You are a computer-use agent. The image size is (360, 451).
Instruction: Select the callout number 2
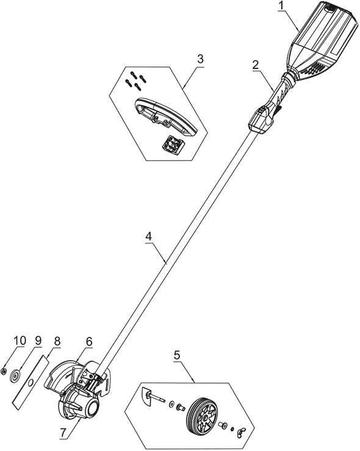256,65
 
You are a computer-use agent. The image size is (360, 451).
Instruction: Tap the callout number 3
200,59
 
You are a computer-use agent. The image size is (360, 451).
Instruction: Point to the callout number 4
148,236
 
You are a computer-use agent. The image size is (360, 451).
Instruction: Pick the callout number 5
177,355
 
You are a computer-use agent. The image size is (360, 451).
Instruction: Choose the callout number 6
89,342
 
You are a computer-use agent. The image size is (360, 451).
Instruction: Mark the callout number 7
63,440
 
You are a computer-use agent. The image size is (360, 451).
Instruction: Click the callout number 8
57,342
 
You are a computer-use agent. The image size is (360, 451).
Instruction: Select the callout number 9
38,341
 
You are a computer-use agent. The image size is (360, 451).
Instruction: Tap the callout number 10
20,341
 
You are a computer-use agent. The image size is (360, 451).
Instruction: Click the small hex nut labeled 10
4,371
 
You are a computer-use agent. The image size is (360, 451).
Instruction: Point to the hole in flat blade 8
30,382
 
